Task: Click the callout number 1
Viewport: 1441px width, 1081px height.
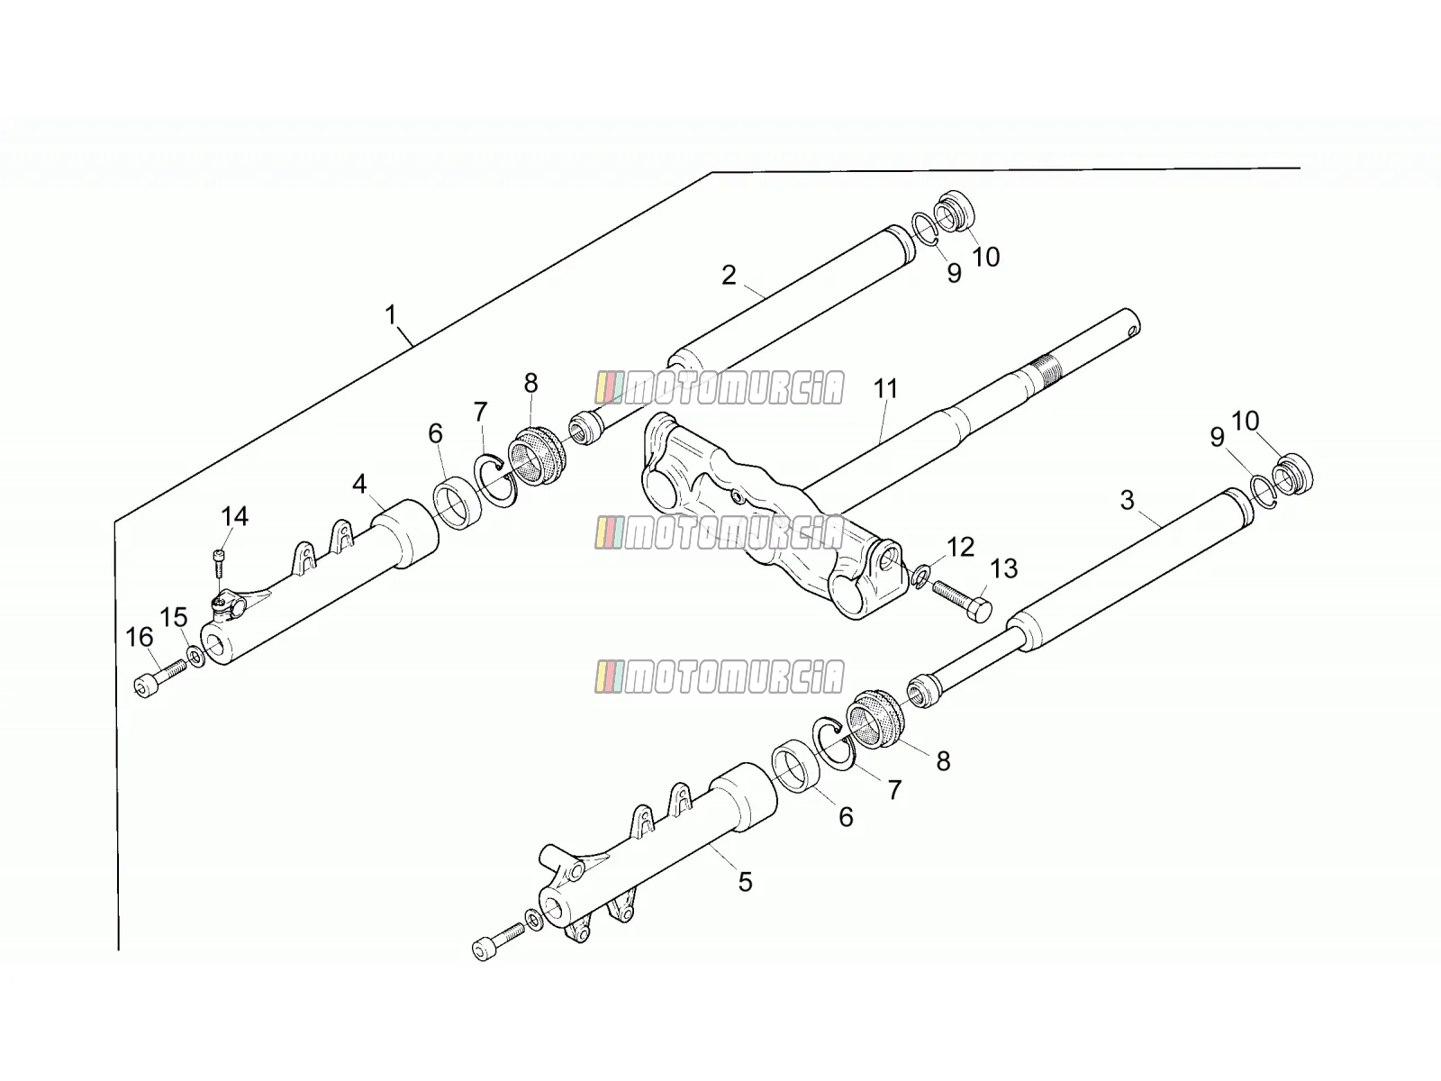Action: click(391, 315)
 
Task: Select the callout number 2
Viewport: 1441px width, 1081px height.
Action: click(729, 275)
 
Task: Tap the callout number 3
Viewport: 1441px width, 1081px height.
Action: click(1128, 500)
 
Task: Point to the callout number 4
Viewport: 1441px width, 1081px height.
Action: click(359, 485)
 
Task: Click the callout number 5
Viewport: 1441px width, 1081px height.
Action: click(745, 882)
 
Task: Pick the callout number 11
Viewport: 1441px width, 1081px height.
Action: click(885, 388)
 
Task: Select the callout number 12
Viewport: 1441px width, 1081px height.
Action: click(960, 547)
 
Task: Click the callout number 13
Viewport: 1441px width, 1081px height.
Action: click(1003, 568)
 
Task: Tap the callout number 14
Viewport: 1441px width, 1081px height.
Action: click(234, 516)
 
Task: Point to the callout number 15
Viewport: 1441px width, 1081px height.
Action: click(173, 617)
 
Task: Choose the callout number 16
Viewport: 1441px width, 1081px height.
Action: click(140, 637)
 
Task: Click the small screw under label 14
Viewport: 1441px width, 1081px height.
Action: click(219, 563)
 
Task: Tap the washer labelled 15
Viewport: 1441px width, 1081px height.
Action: click(195, 656)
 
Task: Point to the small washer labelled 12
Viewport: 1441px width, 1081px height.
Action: click(921, 576)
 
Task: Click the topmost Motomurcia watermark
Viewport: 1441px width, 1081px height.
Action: click(720, 388)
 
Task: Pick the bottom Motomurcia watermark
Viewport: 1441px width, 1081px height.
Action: click(720, 677)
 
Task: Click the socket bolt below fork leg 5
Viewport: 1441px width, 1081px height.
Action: click(499, 942)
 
